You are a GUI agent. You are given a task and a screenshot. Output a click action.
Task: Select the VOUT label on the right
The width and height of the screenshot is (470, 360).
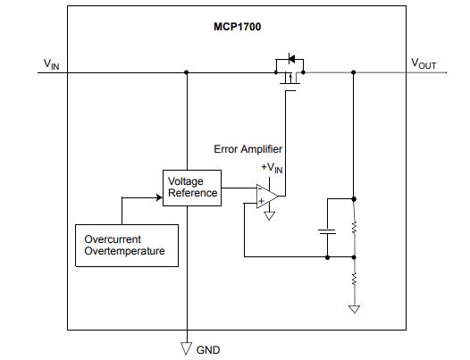[424, 63]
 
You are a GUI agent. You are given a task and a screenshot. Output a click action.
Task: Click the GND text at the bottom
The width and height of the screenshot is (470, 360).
[206, 349]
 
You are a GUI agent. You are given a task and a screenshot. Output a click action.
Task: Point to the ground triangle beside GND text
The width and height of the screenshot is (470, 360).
[186, 347]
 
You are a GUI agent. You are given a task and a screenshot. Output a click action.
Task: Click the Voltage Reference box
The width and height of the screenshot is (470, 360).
[191, 188]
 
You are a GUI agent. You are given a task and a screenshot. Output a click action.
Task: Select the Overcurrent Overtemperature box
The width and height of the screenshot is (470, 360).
[124, 246]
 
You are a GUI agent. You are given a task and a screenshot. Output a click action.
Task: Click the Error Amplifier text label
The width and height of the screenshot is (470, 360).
[248, 149]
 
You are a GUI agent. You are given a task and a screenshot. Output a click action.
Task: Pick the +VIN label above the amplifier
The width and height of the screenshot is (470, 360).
[272, 168]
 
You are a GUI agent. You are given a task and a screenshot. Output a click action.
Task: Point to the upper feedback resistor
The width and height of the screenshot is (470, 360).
[354, 227]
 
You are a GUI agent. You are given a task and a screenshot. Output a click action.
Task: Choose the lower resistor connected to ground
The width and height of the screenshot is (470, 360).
[354, 280]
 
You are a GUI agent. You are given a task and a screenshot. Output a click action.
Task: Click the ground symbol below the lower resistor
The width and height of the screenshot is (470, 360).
[354, 309]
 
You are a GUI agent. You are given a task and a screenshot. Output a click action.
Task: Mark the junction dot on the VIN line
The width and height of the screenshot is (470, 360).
[186, 72]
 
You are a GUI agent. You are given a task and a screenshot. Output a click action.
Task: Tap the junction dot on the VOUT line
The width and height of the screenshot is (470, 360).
[354, 72]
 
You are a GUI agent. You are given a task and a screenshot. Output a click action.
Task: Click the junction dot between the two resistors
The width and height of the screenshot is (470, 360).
[354, 257]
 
